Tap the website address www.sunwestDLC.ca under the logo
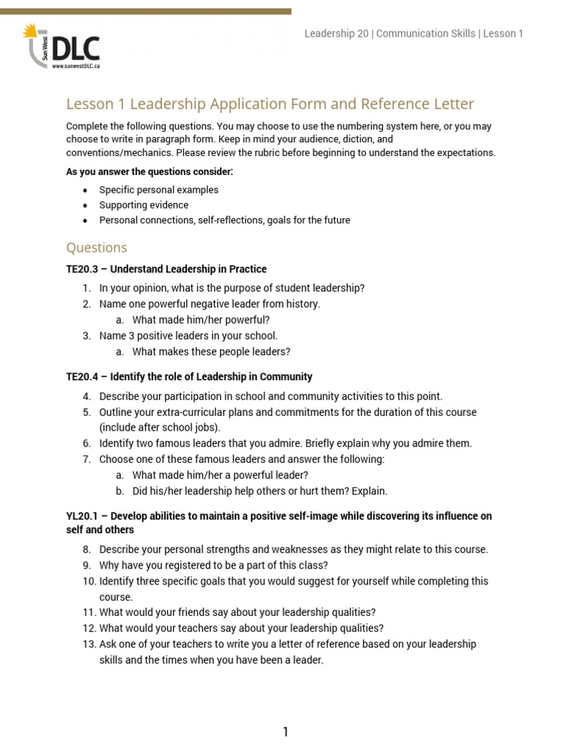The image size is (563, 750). [x=76, y=66]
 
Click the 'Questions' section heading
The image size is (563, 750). [x=96, y=248]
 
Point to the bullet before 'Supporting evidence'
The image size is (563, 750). [x=86, y=205]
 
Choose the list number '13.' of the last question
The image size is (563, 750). [x=89, y=644]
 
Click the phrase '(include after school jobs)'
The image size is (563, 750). [x=160, y=427]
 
